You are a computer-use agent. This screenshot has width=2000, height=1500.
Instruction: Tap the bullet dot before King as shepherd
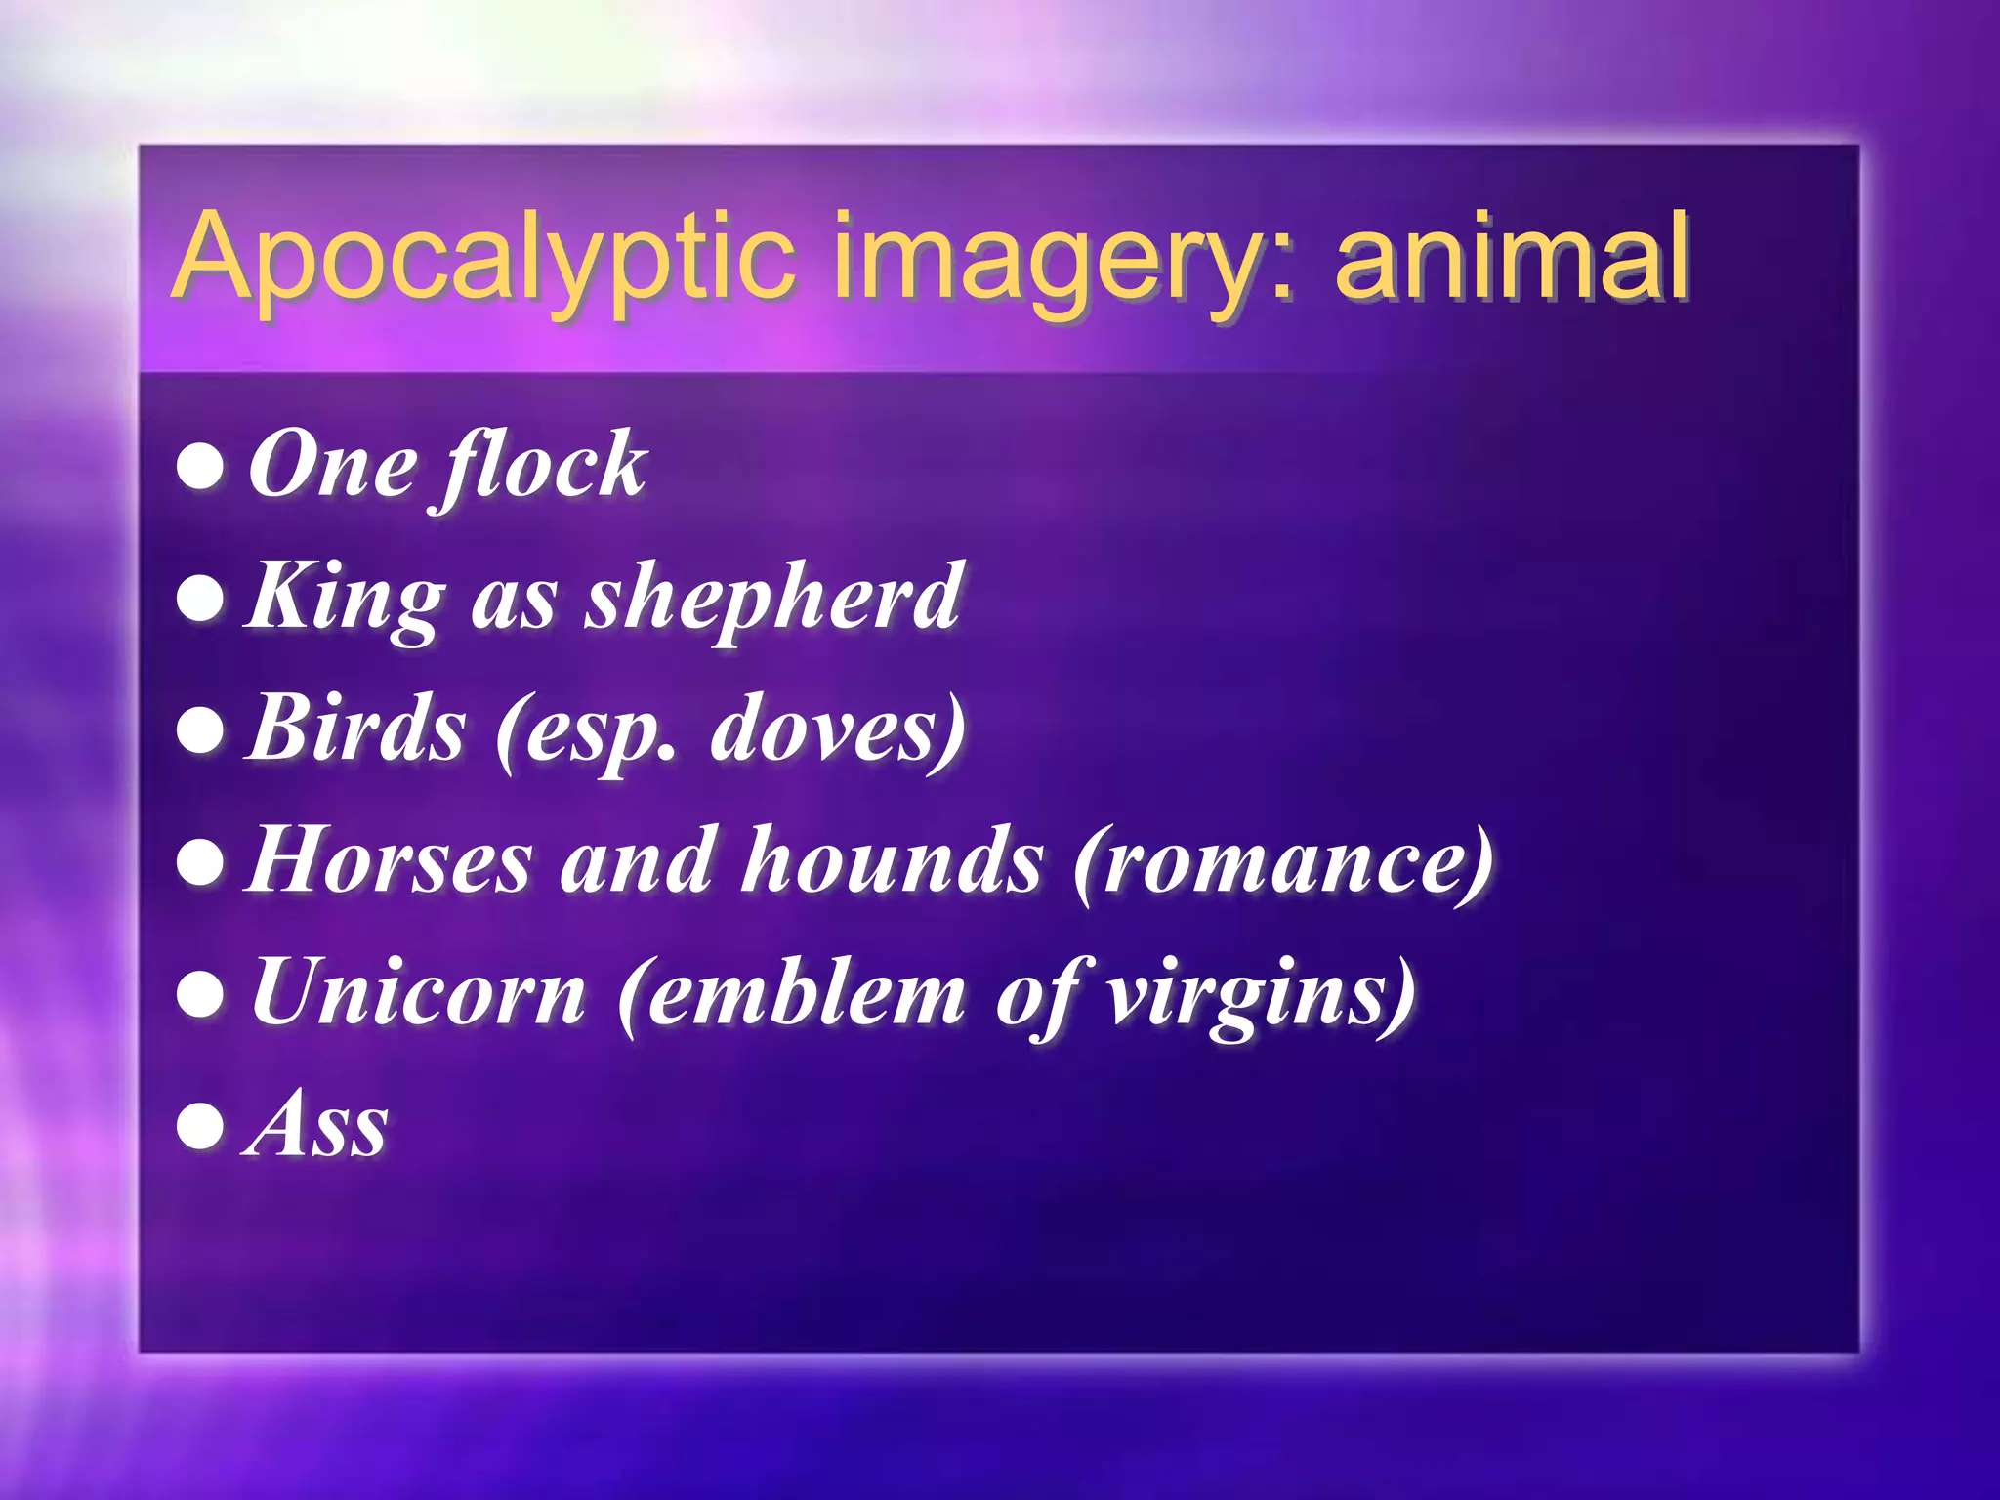click(201, 598)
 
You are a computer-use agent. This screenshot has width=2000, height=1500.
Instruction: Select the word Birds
click(357, 729)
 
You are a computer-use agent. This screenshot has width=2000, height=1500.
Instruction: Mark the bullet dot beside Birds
click(201, 730)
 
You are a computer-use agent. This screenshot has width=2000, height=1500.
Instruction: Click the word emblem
click(791, 994)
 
